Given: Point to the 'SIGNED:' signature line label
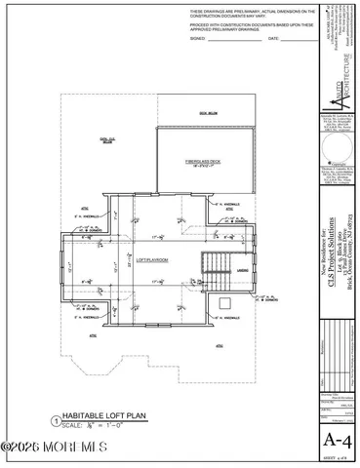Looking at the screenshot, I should pos(198,39).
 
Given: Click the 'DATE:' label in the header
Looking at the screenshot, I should pos(273,39).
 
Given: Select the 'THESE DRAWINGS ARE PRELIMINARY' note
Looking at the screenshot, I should pos(252,13).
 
